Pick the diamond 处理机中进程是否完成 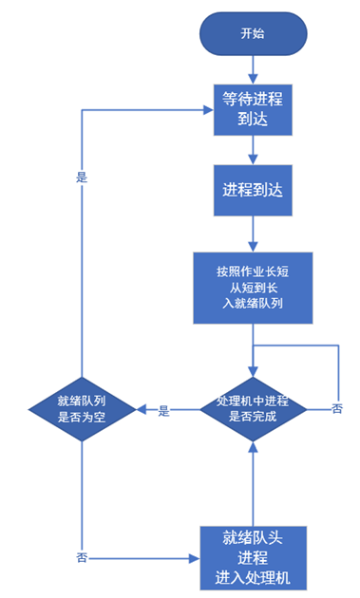coord(253,409)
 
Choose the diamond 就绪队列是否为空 coord(82,409)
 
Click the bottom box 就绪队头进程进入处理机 coord(253,557)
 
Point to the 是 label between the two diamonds coord(163,411)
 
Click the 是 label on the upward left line coord(81,177)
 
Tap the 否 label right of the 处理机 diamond coord(337,409)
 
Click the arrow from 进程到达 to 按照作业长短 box coord(253,233)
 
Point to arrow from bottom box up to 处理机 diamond coord(253,484)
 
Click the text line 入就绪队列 coord(253,304)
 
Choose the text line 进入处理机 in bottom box coord(253,576)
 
